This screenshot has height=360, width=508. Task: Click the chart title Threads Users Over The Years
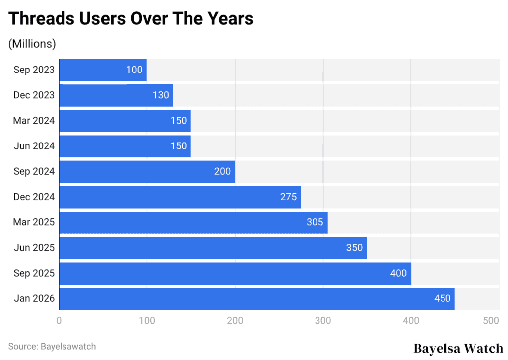(131, 18)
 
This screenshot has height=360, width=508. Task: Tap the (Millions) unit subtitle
(32, 44)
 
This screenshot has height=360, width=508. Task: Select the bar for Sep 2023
(103, 70)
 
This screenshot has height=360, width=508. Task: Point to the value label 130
(161, 95)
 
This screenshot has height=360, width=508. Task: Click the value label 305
(315, 222)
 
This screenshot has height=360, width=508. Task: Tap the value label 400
(398, 273)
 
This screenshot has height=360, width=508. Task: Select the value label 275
(288, 197)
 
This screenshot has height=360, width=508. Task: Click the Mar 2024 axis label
(34, 121)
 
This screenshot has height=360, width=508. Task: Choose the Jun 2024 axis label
(34, 146)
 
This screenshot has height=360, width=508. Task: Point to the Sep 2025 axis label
(34, 273)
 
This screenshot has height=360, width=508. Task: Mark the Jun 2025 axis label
(34, 248)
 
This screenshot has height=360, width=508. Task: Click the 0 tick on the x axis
(59, 321)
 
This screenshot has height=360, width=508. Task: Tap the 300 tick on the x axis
(323, 321)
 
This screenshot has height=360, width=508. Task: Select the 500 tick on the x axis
(491, 321)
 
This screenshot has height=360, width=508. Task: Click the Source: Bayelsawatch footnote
(52, 346)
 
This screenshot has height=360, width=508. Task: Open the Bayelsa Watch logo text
(458, 348)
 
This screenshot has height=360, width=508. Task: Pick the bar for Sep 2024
(147, 171)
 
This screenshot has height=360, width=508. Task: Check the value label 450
(442, 298)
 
